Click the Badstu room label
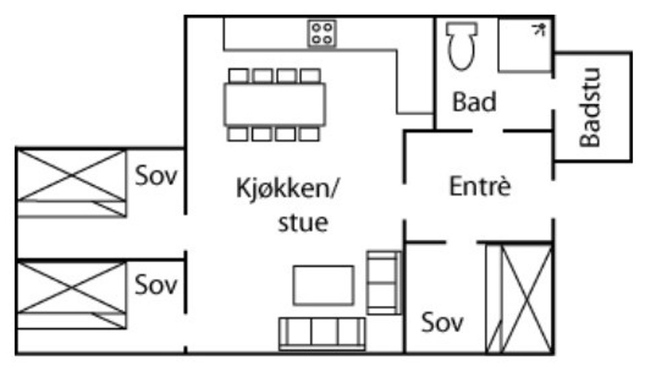[590, 107]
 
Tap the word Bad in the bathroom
[474, 102]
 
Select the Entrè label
[480, 186]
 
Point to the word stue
[303, 222]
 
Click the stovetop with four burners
[322, 33]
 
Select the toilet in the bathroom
[462, 46]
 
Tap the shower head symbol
[539, 30]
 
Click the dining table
[275, 104]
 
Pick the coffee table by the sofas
[323, 285]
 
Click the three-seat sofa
[322, 334]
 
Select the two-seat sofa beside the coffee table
[384, 282]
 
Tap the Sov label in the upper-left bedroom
[156, 176]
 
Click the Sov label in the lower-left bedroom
[156, 285]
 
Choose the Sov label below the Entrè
[442, 323]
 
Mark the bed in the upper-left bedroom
[71, 183]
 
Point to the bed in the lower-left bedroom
[71, 295]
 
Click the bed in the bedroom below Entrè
[519, 299]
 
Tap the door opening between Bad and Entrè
[488, 131]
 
